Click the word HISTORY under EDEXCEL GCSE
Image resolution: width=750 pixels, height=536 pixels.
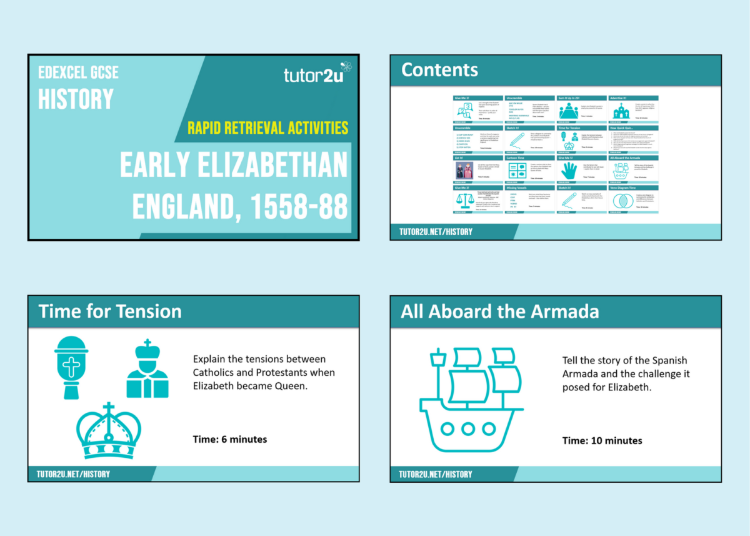click(x=76, y=99)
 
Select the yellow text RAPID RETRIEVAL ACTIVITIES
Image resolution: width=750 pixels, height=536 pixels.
click(x=267, y=128)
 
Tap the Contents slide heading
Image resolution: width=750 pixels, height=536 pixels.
click(x=439, y=69)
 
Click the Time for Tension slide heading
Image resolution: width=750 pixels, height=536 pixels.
click(x=110, y=311)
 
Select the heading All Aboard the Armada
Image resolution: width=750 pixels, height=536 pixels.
click(x=499, y=311)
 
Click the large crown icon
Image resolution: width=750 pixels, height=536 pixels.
click(x=109, y=430)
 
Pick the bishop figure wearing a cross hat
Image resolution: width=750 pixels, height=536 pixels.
click(x=147, y=369)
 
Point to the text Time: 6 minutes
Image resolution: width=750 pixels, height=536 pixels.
click(x=230, y=439)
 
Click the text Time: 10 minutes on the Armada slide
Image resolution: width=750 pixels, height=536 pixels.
click(x=602, y=440)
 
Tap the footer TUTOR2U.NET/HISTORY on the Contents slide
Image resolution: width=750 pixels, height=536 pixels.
click(x=436, y=232)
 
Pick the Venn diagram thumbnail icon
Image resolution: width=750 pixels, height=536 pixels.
click(x=621, y=200)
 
